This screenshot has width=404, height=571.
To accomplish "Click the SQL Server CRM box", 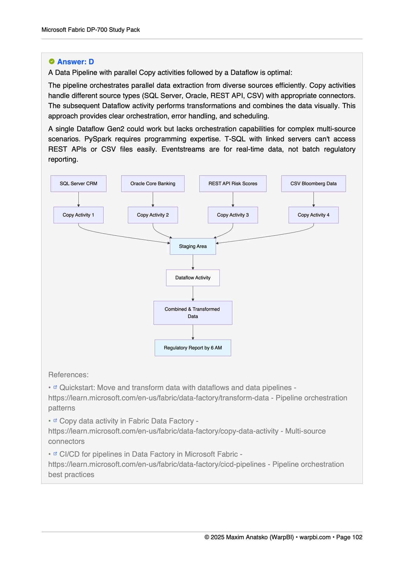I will click(x=78, y=184).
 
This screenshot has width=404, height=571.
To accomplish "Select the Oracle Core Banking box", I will click(x=153, y=184).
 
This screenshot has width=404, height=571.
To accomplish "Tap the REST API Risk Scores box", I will click(x=233, y=184).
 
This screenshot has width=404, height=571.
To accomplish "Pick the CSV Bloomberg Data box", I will click(x=313, y=184).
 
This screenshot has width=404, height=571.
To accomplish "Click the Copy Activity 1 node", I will click(x=78, y=215).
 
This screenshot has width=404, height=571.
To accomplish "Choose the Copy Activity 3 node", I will click(x=233, y=215).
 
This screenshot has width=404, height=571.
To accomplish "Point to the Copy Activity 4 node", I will click(x=313, y=215).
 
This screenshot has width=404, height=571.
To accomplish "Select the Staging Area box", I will click(x=193, y=246).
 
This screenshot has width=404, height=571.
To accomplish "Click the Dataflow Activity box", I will click(x=193, y=278).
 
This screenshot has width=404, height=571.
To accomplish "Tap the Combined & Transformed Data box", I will click(x=193, y=313).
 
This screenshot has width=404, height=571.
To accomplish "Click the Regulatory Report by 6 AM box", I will click(x=193, y=348).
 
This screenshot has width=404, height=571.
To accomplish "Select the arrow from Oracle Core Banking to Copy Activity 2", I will click(x=153, y=200).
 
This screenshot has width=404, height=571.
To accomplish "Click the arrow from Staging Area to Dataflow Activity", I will click(x=193, y=262).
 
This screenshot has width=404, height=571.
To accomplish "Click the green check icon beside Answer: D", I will click(x=52, y=62).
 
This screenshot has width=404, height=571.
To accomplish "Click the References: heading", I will click(x=68, y=375).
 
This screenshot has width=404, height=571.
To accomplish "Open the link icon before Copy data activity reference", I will click(x=55, y=420).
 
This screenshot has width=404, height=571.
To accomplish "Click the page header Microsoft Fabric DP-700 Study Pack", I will click(x=91, y=30).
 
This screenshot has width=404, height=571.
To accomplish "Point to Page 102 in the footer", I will click(x=349, y=537).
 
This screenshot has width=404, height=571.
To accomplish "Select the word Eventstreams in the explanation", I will click(x=183, y=149).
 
